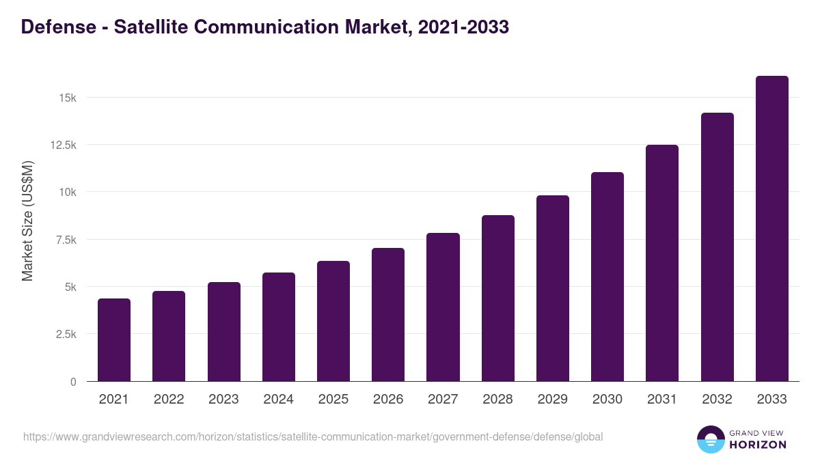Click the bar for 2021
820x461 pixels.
click(x=114, y=340)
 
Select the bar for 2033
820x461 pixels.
click(x=771, y=229)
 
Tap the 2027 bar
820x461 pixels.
click(x=443, y=307)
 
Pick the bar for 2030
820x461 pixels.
click(x=607, y=277)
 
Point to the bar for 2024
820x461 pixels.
click(x=279, y=327)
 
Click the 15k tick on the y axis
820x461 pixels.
click(x=68, y=98)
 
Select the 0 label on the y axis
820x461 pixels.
click(x=73, y=382)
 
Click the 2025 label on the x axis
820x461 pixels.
click(x=333, y=400)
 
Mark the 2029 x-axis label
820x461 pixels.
click(x=553, y=400)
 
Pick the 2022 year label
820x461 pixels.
click(x=169, y=400)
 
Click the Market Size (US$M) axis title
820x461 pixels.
click(x=27, y=221)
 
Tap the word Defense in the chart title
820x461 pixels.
click(x=58, y=27)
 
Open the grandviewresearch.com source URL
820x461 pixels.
click(x=313, y=436)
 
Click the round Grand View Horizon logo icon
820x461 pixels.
click(x=711, y=439)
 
